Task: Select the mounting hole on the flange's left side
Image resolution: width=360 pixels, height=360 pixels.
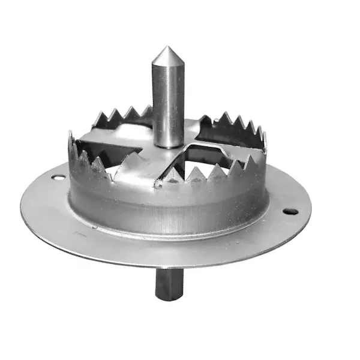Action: tap(58, 177)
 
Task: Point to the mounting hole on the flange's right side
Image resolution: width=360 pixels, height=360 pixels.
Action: tap(291, 211)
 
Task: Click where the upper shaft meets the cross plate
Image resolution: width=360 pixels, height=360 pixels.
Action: tap(167, 144)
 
